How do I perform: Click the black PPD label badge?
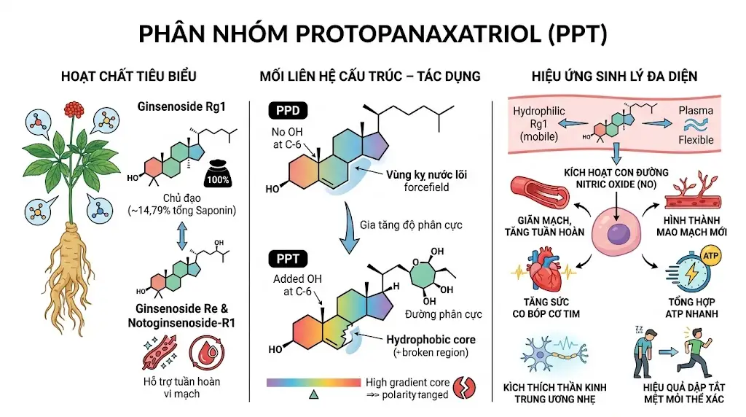288,110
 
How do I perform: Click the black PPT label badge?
288,259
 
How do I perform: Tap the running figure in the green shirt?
695,351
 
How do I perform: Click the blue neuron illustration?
554,354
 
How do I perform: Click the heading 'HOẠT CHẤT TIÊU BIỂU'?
128,76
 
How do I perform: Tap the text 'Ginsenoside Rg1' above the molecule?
181,106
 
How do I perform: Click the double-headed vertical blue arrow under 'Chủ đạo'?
181,236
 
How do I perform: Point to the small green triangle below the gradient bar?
313,394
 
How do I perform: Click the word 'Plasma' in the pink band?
696,110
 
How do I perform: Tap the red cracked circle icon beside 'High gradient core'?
464,388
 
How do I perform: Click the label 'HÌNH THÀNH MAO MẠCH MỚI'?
691,226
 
